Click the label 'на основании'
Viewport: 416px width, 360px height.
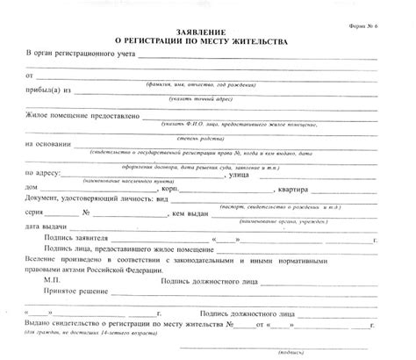pos(47,145)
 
